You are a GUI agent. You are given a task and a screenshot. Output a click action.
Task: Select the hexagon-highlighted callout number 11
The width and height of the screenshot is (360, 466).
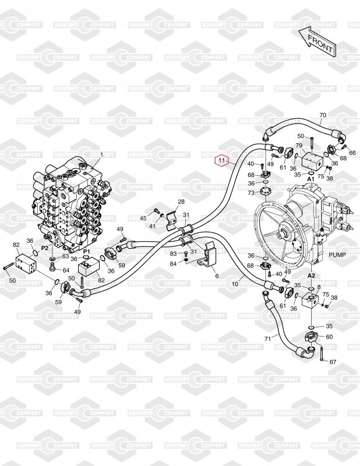click(222, 159)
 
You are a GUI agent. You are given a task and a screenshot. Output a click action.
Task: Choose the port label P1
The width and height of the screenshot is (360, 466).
click(86, 251)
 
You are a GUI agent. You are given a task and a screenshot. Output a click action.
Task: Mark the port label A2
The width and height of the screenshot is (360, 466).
click(311, 275)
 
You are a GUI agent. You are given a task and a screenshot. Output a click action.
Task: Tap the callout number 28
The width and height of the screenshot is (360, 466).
click(181, 202)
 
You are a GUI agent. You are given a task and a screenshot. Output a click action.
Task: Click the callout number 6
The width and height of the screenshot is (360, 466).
click(216, 276)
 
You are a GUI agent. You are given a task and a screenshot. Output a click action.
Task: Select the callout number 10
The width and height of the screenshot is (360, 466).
click(236, 284)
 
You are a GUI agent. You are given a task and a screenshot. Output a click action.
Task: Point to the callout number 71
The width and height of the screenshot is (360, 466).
click(267, 338)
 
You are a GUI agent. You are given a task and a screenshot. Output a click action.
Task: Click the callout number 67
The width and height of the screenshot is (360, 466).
click(333, 362)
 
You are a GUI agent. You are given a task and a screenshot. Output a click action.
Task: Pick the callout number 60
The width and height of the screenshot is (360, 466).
click(329, 337)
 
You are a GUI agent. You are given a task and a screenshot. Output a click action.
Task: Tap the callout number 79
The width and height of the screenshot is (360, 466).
click(299, 146)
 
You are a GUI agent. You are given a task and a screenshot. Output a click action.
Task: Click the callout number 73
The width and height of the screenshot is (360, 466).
click(251, 192)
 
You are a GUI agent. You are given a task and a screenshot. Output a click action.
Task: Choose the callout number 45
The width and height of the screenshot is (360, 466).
click(143, 218)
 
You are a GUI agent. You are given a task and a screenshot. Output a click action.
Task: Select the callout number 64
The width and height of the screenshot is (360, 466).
click(66, 270)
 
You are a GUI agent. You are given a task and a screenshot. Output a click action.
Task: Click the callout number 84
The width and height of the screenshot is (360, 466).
click(173, 263)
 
